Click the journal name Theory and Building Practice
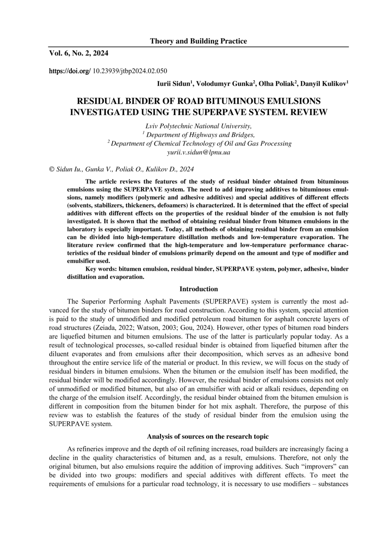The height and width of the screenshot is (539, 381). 198,41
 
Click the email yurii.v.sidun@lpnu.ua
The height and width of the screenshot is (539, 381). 198,152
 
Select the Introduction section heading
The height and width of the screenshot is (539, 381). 198,289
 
